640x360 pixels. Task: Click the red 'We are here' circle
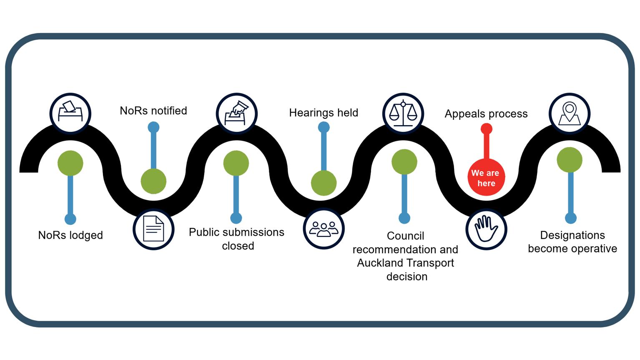[x=486, y=178]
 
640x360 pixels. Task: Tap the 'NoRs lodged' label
[x=70, y=235]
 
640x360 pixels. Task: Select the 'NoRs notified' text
[x=153, y=111]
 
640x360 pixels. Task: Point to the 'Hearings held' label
[x=324, y=113]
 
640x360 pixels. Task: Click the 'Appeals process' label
[x=486, y=114]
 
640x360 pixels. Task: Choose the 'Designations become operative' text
[x=572, y=242]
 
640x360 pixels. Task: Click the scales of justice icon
[x=403, y=113]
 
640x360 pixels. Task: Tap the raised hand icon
[x=486, y=229]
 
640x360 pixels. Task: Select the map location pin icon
[x=570, y=113]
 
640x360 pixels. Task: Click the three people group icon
[x=324, y=229]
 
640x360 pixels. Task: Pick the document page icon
[x=153, y=229]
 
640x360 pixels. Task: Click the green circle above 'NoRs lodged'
[x=70, y=163]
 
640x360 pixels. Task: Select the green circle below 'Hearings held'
[x=324, y=183]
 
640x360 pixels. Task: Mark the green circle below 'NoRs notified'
[x=153, y=181]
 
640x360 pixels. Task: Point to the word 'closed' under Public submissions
[x=238, y=246]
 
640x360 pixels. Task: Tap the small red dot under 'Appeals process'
[x=486, y=129]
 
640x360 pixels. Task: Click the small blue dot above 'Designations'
[x=570, y=218]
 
